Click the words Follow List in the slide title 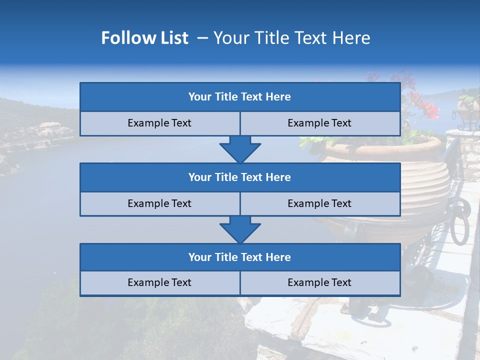pos(144,38)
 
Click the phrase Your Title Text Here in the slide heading pos(291,38)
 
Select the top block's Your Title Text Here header pos(239,97)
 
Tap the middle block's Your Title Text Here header pos(239,177)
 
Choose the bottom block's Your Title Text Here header pos(239,257)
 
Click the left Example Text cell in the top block pos(159,123)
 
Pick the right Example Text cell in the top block pos(319,123)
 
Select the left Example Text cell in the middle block pos(159,203)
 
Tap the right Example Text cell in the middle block pos(319,203)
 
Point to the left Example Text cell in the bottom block pos(159,282)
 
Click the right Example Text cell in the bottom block pos(319,282)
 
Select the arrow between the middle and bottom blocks pos(240,229)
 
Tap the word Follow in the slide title pos(125,38)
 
